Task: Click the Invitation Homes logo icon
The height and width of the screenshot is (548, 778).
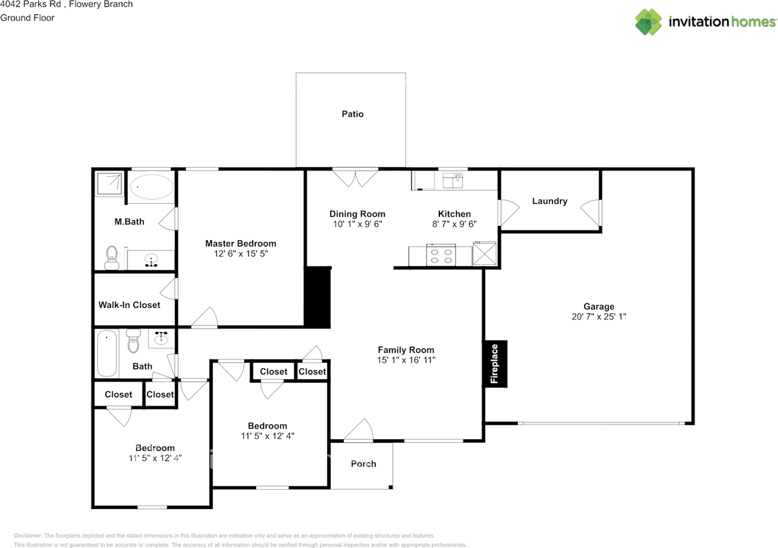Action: pos(649,22)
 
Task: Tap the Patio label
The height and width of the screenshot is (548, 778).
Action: pos(353,114)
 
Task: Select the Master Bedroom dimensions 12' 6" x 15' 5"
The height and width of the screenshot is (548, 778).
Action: pos(241,254)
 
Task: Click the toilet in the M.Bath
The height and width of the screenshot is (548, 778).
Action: pos(111,258)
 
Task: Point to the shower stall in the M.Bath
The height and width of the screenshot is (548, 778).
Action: pos(109,183)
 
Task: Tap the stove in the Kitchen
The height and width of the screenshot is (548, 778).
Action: pos(441,255)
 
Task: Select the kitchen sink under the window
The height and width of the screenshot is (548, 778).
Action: pos(453,180)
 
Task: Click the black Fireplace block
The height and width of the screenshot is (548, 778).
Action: pos(495,363)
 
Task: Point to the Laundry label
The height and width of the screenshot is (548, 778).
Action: pos(549,201)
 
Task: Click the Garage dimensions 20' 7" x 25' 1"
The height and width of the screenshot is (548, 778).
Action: pos(599,317)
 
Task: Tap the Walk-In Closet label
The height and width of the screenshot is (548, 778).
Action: pos(129,305)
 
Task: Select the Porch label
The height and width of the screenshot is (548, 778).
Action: pos(363,464)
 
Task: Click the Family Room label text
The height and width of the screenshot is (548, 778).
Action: pos(406,350)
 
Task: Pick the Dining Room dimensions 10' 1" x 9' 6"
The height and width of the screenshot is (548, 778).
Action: pos(357,224)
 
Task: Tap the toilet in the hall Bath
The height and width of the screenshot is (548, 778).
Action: pos(134,341)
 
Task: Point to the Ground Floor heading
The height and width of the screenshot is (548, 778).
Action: pos(27,18)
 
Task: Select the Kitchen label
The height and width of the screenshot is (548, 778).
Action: pos(455,214)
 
